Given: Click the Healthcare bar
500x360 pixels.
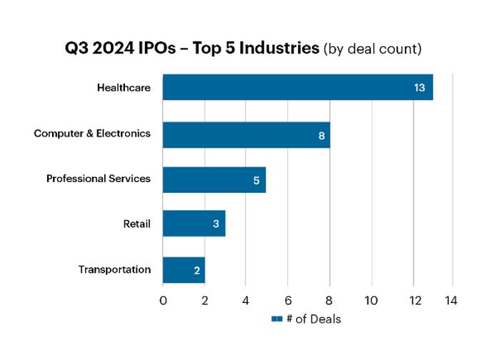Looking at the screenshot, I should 297,87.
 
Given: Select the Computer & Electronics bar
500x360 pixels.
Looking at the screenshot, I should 246,135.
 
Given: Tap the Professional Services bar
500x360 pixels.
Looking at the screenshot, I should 214,179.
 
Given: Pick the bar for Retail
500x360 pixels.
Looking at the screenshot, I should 194,224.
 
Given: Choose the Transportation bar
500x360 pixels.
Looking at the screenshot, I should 184,270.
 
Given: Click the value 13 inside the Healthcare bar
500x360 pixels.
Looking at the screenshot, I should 420,88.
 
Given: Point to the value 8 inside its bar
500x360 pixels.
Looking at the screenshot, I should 322,135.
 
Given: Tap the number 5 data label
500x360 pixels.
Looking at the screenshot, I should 256,180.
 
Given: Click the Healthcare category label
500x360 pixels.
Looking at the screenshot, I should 124,88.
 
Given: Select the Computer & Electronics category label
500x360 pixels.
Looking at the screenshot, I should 92,134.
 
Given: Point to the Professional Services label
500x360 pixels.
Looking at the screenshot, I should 99,179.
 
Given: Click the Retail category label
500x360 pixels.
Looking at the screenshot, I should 136,224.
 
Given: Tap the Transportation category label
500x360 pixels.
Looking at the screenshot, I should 114,269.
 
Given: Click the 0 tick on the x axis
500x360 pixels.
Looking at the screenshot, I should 163,300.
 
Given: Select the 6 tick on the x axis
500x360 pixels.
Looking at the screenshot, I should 288,300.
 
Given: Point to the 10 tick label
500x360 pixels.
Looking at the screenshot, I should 371,300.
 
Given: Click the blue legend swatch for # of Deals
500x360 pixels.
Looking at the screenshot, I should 276,319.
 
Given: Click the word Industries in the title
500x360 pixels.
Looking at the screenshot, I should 283,49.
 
